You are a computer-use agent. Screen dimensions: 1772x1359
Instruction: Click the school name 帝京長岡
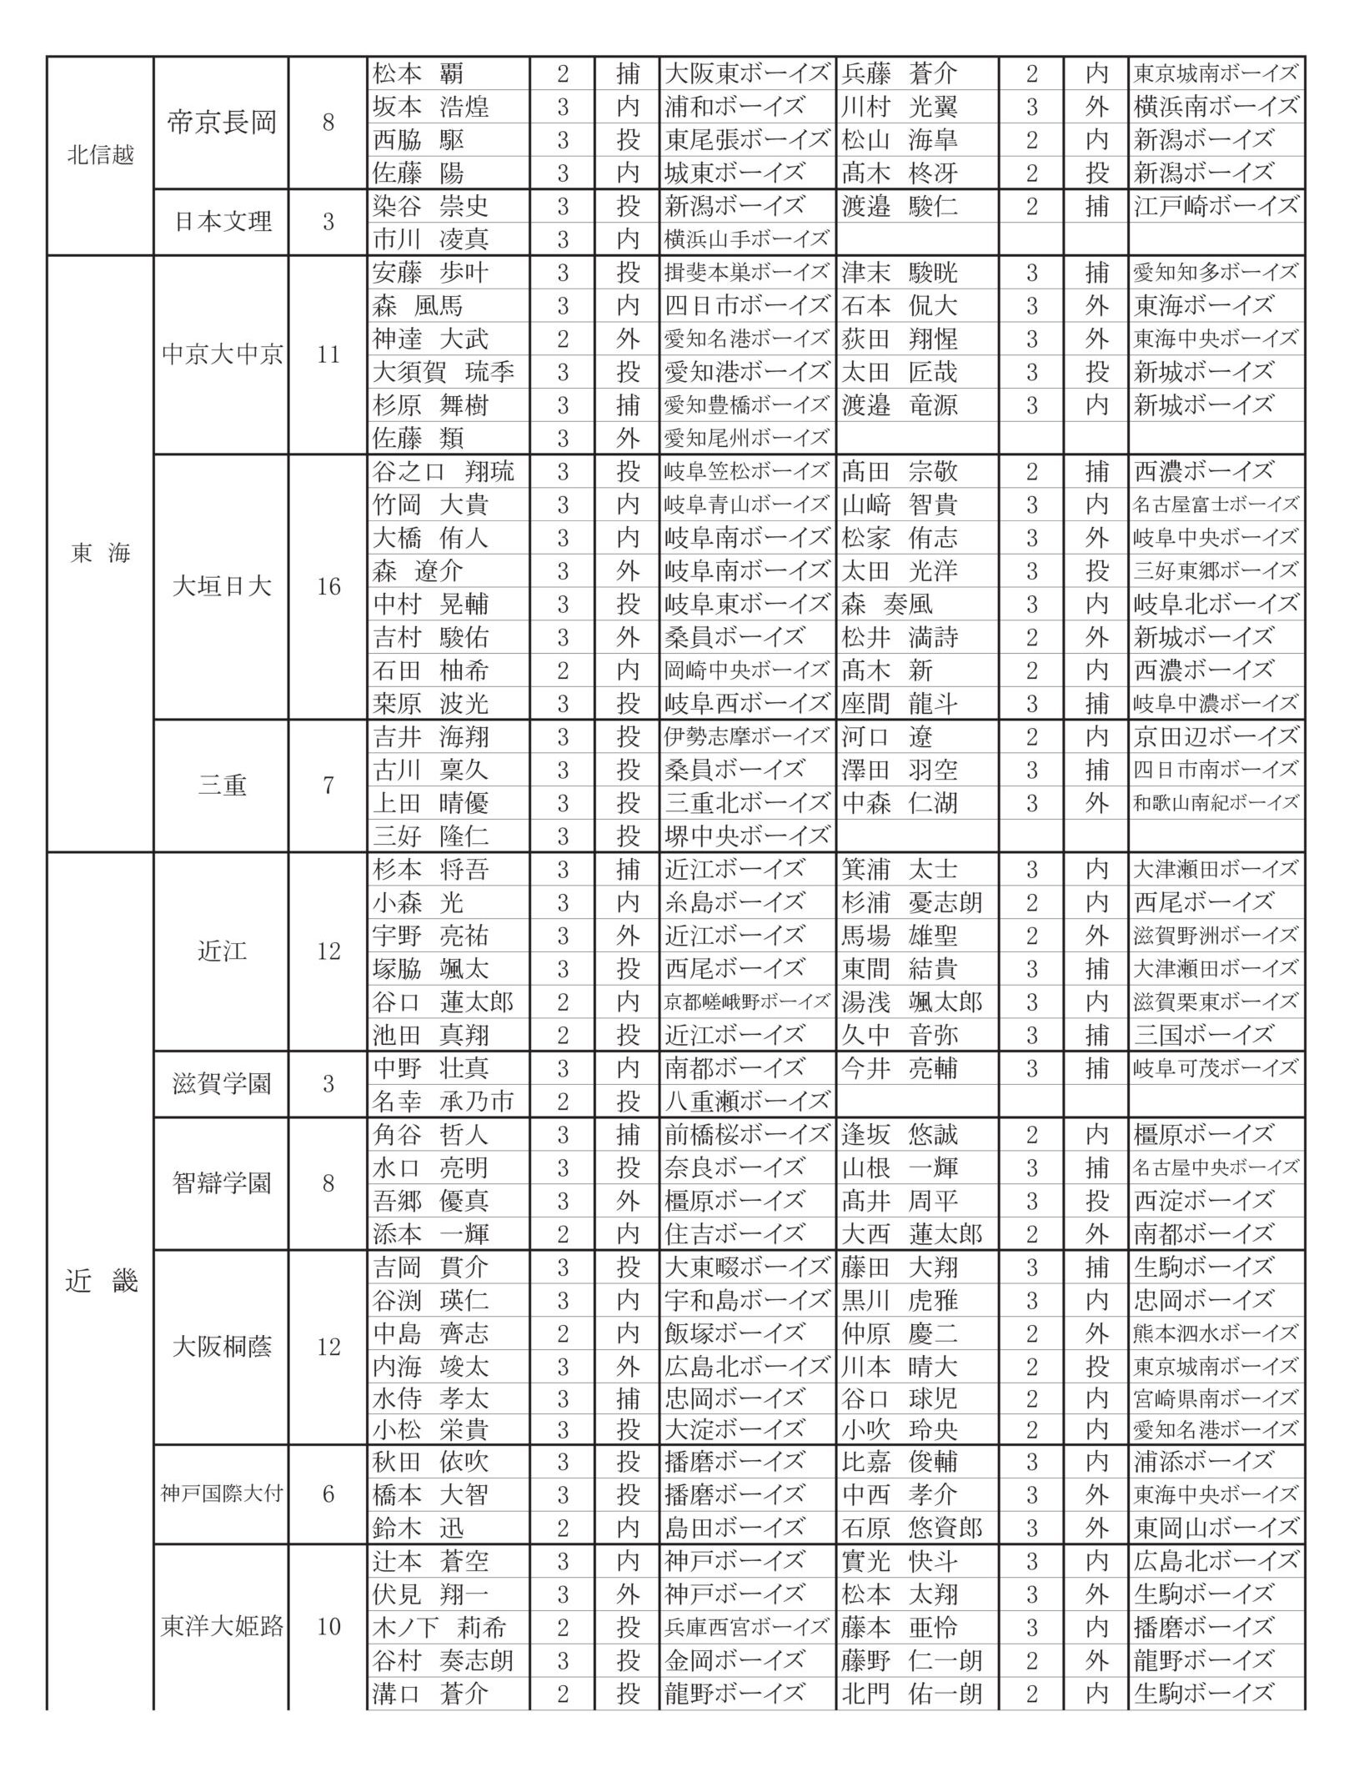pos(221,123)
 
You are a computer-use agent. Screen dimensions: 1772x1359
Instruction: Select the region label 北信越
pos(100,156)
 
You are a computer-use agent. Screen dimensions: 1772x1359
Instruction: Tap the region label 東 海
pos(100,554)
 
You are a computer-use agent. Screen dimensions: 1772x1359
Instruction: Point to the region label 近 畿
pos(100,1282)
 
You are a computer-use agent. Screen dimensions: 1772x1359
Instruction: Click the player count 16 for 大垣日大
pos(328,587)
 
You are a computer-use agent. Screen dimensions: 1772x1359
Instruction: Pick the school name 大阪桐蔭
pos(221,1348)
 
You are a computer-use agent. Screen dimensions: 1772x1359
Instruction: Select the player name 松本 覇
pos(419,74)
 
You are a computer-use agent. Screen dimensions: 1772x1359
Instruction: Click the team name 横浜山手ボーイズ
pos(747,239)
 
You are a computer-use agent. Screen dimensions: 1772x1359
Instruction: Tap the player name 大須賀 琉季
pos(444,372)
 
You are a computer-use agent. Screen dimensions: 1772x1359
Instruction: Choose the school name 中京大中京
pos(221,355)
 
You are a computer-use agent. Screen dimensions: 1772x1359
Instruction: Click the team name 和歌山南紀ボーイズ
pos(1216,803)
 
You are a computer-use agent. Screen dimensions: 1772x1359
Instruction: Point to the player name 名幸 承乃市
pos(444,1102)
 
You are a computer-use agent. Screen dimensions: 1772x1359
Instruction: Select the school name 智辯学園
pos(221,1183)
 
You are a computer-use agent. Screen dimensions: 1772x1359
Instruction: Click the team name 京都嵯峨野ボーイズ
pos(747,1001)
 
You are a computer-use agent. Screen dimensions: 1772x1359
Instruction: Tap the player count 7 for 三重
pos(328,786)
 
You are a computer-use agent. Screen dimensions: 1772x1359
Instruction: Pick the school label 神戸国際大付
pos(221,1494)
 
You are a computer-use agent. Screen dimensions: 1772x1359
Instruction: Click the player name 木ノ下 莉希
pos(439,1627)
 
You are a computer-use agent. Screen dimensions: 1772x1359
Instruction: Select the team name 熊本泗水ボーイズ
pos(1216,1333)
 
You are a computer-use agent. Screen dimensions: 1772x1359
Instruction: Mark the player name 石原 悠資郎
pos(912,1528)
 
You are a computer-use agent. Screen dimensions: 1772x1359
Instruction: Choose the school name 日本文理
pos(221,223)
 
